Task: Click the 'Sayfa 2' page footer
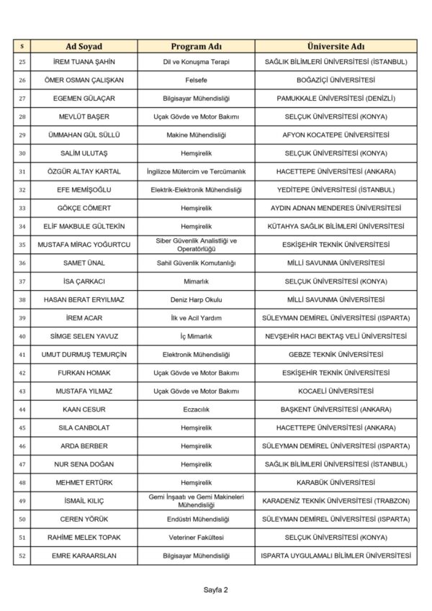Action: click(x=215, y=590)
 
